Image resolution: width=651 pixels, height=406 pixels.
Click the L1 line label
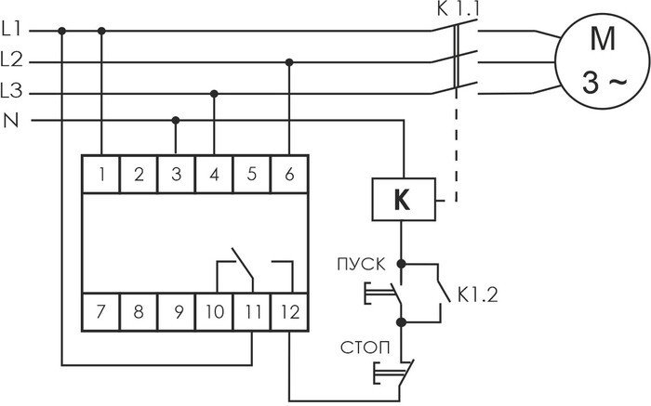pyautogui.click(x=11, y=29)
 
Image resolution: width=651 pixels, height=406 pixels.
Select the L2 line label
pyautogui.click(x=11, y=60)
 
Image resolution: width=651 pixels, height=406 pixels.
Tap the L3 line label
pyautogui.click(x=11, y=91)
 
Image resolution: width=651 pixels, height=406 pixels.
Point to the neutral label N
pyautogui.click(x=11, y=121)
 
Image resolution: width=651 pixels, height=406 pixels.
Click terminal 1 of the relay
pyautogui.click(x=100, y=174)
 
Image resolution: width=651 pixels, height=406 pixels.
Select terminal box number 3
pyautogui.click(x=176, y=174)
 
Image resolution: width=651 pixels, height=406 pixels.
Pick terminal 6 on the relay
pyautogui.click(x=289, y=174)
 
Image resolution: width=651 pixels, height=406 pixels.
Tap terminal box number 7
pyautogui.click(x=100, y=312)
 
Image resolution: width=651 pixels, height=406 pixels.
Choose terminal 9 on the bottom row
pyautogui.click(x=176, y=312)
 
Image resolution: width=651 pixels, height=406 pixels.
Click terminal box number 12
pyautogui.click(x=289, y=312)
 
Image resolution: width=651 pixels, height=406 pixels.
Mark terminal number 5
pyautogui.click(x=252, y=174)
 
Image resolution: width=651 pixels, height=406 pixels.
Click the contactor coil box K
pyautogui.click(x=404, y=200)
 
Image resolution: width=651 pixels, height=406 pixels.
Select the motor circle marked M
pyautogui.click(x=603, y=61)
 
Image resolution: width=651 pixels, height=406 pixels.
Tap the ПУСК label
pyautogui.click(x=361, y=265)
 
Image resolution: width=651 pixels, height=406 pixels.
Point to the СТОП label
pyautogui.click(x=365, y=348)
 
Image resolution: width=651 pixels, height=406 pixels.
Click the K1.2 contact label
pyautogui.click(x=477, y=295)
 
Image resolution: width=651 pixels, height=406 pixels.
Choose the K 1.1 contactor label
pyautogui.click(x=458, y=9)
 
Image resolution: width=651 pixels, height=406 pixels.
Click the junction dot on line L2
pyautogui.click(x=289, y=62)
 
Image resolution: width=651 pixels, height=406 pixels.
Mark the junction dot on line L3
pyautogui.click(x=214, y=94)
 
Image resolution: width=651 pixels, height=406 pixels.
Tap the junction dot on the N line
pyautogui.click(x=176, y=120)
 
